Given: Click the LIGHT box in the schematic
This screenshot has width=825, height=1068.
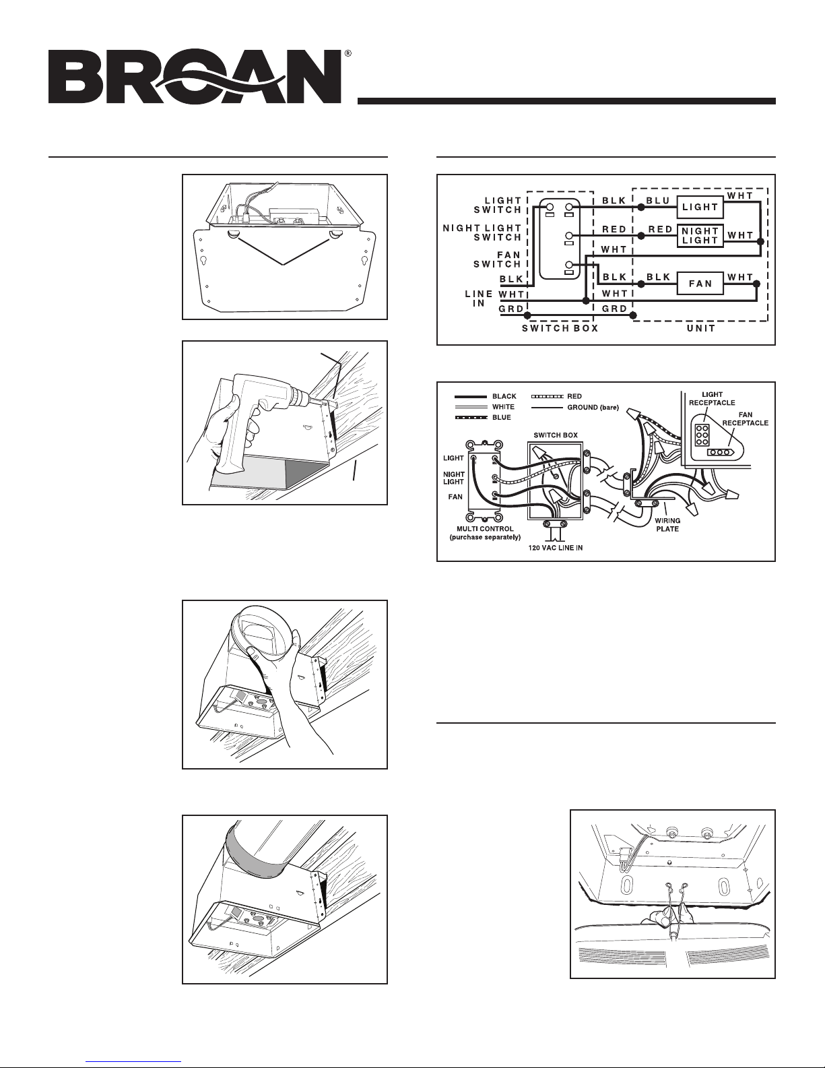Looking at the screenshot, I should click(x=700, y=207).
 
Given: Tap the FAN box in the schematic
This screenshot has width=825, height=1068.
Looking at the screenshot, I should click(x=700, y=284).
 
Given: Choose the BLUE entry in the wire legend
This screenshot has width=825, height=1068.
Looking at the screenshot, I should click(x=502, y=417).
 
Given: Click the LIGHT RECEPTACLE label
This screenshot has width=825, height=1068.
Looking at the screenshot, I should click(x=713, y=397).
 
